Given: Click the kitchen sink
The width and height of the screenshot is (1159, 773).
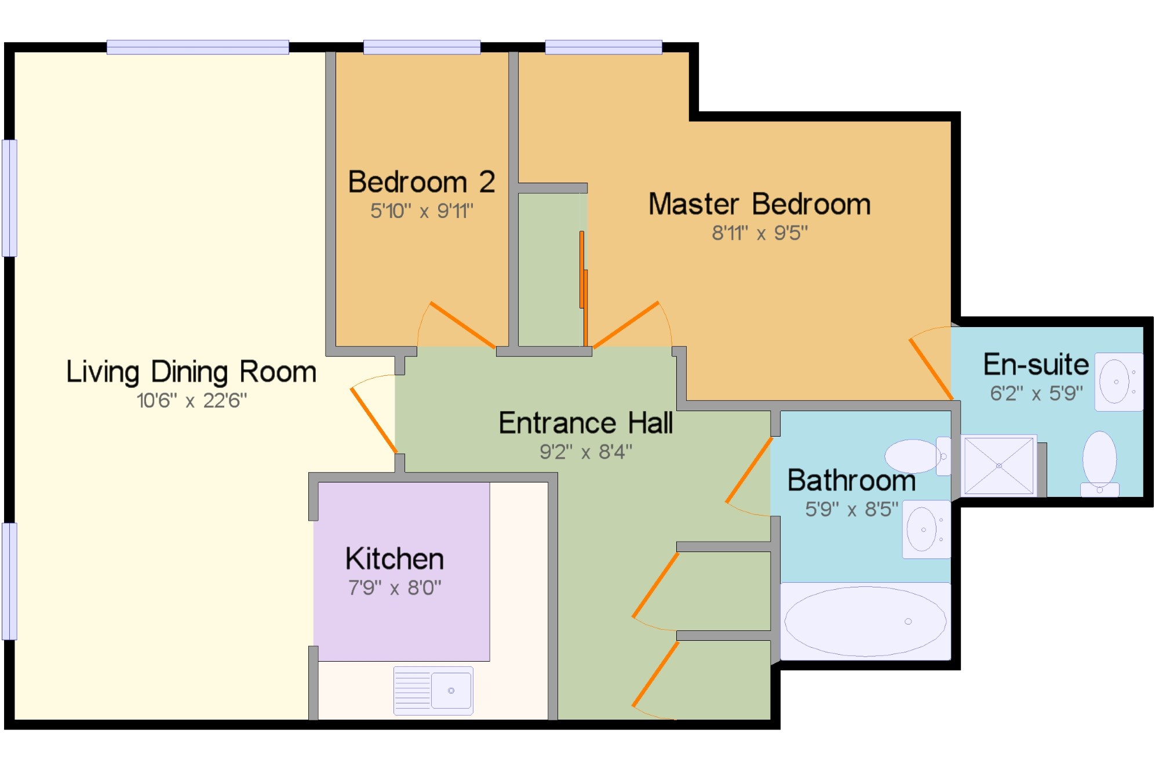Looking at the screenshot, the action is pyautogui.click(x=433, y=690).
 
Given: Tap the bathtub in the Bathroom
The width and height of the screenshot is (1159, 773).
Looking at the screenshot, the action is pyautogui.click(x=865, y=621).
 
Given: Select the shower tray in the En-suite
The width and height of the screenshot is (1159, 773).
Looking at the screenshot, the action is pyautogui.click(x=998, y=466).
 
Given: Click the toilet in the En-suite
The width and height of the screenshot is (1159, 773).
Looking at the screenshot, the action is pyautogui.click(x=1100, y=463).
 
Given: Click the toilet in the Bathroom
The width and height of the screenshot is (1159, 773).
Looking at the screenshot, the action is pyautogui.click(x=918, y=456).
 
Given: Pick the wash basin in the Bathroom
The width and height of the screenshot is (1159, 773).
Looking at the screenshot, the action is pyautogui.click(x=926, y=529).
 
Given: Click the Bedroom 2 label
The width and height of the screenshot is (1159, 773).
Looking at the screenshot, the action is pyautogui.click(x=421, y=182).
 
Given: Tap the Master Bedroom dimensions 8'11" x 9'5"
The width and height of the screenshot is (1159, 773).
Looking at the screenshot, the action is pyautogui.click(x=760, y=233).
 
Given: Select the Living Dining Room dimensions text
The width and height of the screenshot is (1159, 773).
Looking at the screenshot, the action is pyautogui.click(x=192, y=401).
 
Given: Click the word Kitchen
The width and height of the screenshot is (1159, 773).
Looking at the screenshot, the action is pyautogui.click(x=395, y=559).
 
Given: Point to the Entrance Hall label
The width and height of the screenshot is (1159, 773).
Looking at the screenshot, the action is pyautogui.click(x=586, y=423).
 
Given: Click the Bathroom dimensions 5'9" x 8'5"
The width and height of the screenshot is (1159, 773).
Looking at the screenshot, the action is pyautogui.click(x=852, y=509).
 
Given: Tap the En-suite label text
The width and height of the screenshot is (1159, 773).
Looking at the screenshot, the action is pyautogui.click(x=1036, y=365).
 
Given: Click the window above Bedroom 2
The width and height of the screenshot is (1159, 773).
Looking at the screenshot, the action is pyautogui.click(x=422, y=47).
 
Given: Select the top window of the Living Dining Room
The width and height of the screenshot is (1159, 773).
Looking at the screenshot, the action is pyautogui.click(x=198, y=47).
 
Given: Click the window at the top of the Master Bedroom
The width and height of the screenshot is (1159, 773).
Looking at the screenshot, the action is pyautogui.click(x=603, y=47).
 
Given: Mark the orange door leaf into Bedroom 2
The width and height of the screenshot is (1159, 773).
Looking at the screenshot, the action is pyautogui.click(x=462, y=325).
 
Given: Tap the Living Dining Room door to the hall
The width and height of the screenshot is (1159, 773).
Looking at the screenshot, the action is pyautogui.click(x=374, y=420).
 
